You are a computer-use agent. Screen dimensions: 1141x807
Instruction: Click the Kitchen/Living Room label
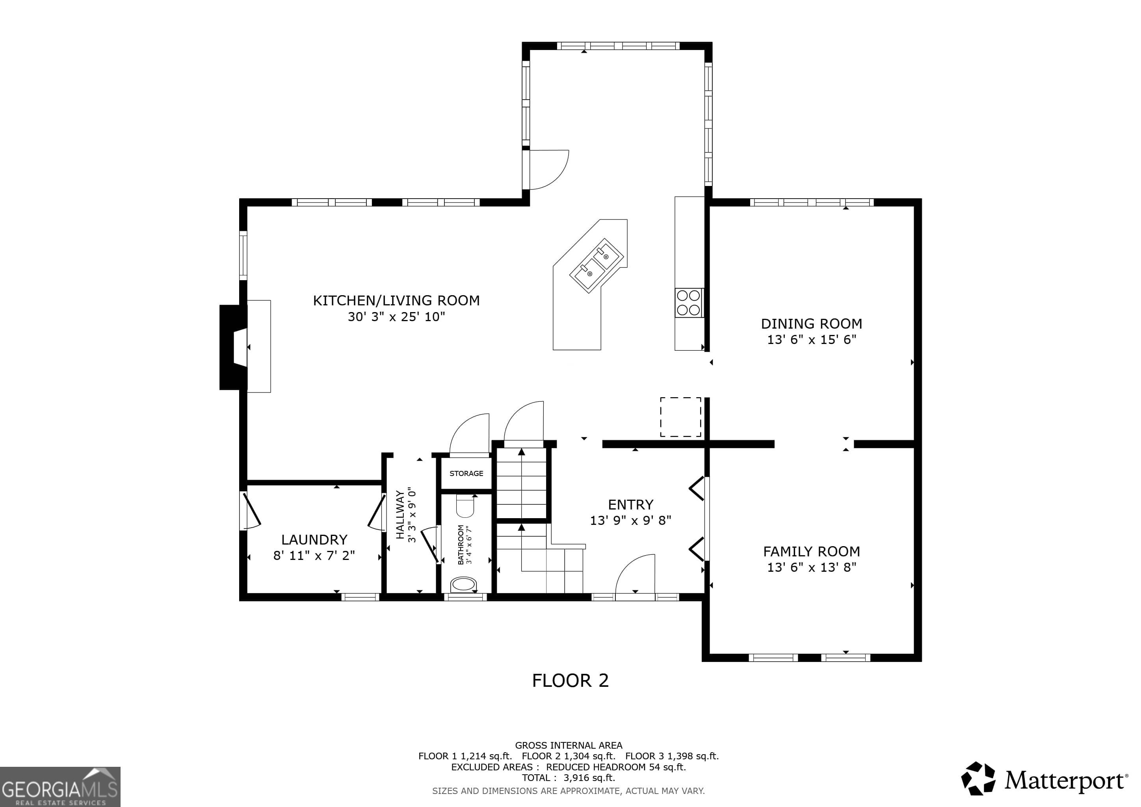click(x=396, y=301)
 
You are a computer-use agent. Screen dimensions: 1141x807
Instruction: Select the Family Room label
click(x=812, y=552)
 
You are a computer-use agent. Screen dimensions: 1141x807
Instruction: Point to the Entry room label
click(x=631, y=505)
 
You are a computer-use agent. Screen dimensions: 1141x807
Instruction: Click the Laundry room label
click(x=314, y=540)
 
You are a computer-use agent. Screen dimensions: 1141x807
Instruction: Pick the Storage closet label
click(x=466, y=474)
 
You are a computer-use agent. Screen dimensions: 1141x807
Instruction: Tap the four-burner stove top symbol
click(x=689, y=303)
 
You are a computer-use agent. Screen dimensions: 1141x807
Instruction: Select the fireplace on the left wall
click(x=234, y=347)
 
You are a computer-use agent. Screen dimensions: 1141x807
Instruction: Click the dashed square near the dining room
click(x=680, y=417)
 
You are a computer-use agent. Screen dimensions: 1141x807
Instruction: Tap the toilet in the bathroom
click(x=466, y=506)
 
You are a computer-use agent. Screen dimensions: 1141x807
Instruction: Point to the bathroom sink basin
click(x=464, y=584)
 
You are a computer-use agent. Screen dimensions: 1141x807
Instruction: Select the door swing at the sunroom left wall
click(x=549, y=169)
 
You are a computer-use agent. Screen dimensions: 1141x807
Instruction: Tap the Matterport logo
click(x=1044, y=780)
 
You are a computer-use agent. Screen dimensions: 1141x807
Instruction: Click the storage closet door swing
click(x=469, y=433)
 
